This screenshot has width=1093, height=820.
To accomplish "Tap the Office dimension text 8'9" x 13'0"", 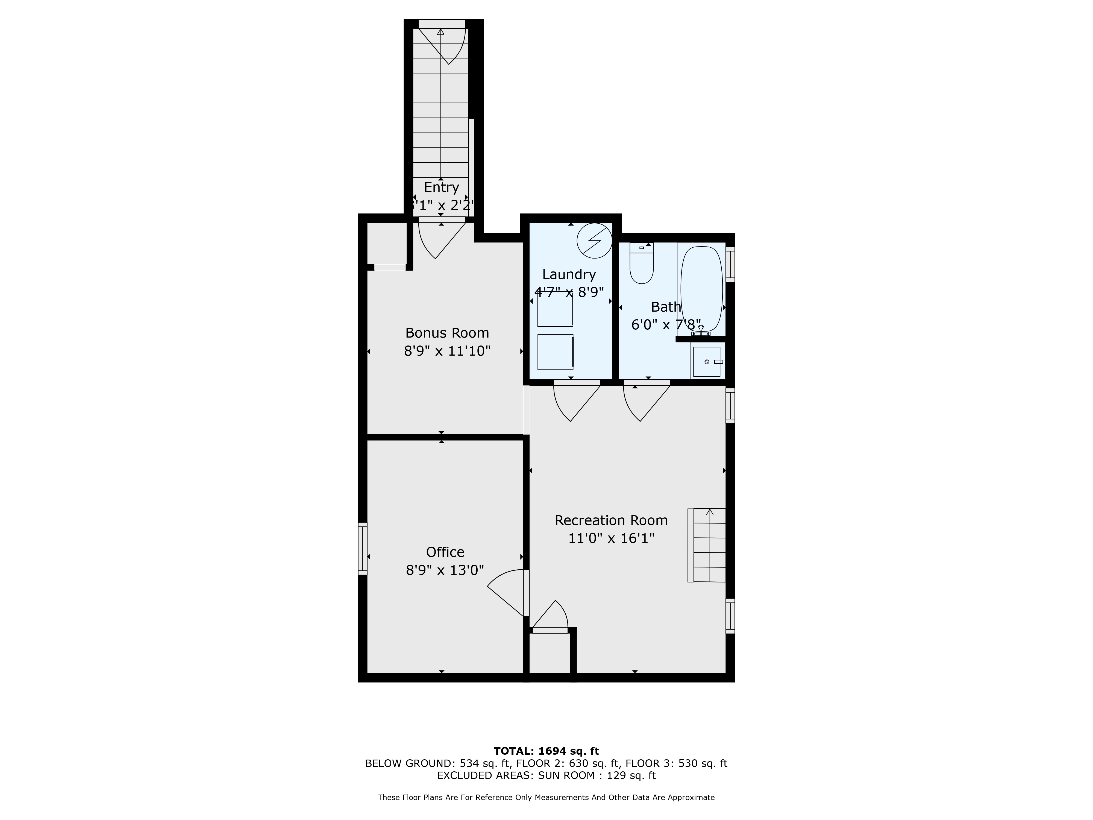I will (445, 570).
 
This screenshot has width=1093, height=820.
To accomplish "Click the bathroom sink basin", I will (707, 362).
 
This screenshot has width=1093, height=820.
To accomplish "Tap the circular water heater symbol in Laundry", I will (594, 241).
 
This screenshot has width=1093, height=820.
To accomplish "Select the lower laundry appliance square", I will (555, 352).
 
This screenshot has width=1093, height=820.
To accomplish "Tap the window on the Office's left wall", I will (363, 549).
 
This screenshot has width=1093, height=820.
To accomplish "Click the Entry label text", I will (441, 187).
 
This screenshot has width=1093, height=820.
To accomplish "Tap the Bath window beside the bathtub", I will (730, 264).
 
